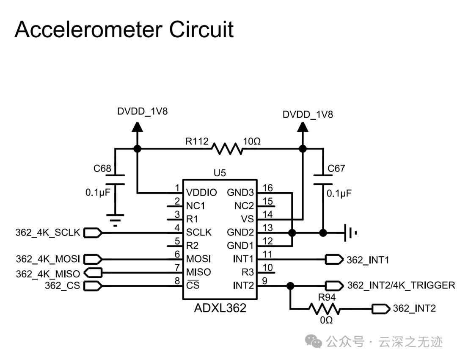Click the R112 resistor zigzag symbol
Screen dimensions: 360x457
click(227, 149)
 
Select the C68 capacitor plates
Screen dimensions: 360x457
click(115, 180)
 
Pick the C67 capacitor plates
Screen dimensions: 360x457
click(323, 180)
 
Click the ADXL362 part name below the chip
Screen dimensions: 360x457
click(220, 308)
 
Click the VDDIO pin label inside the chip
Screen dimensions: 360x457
click(201, 193)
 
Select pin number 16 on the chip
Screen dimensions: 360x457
click(267, 188)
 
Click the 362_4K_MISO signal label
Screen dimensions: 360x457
click(48, 274)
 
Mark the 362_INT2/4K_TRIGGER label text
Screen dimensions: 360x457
click(401, 285)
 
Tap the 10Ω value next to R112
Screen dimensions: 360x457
click(252, 141)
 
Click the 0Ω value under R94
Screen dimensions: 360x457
click(326, 321)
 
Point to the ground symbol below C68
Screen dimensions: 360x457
click(115, 220)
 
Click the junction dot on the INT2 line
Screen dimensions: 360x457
click(290, 286)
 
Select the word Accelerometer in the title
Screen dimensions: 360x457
click(88, 30)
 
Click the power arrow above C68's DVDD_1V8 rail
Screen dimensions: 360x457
click(137, 126)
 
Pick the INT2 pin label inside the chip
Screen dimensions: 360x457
click(243, 285)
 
